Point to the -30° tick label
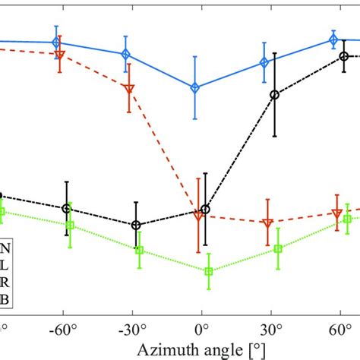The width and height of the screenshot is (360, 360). point(132,332)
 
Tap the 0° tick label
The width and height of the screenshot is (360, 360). point(201,332)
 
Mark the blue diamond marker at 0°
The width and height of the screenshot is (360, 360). point(194,88)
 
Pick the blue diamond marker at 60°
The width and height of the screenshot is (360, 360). point(333,40)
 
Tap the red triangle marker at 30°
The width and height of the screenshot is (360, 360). point(267,223)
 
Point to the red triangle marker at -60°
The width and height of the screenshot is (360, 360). point(60,55)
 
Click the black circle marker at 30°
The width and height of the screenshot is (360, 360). point(275,95)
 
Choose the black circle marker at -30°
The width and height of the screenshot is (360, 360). point(136,225)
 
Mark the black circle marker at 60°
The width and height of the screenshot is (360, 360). point(344,56)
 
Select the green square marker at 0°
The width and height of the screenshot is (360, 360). point(209,271)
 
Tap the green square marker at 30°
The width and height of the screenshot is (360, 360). point(279,248)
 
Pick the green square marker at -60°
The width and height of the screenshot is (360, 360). point(70,225)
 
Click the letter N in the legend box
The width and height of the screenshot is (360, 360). point(6,248)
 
